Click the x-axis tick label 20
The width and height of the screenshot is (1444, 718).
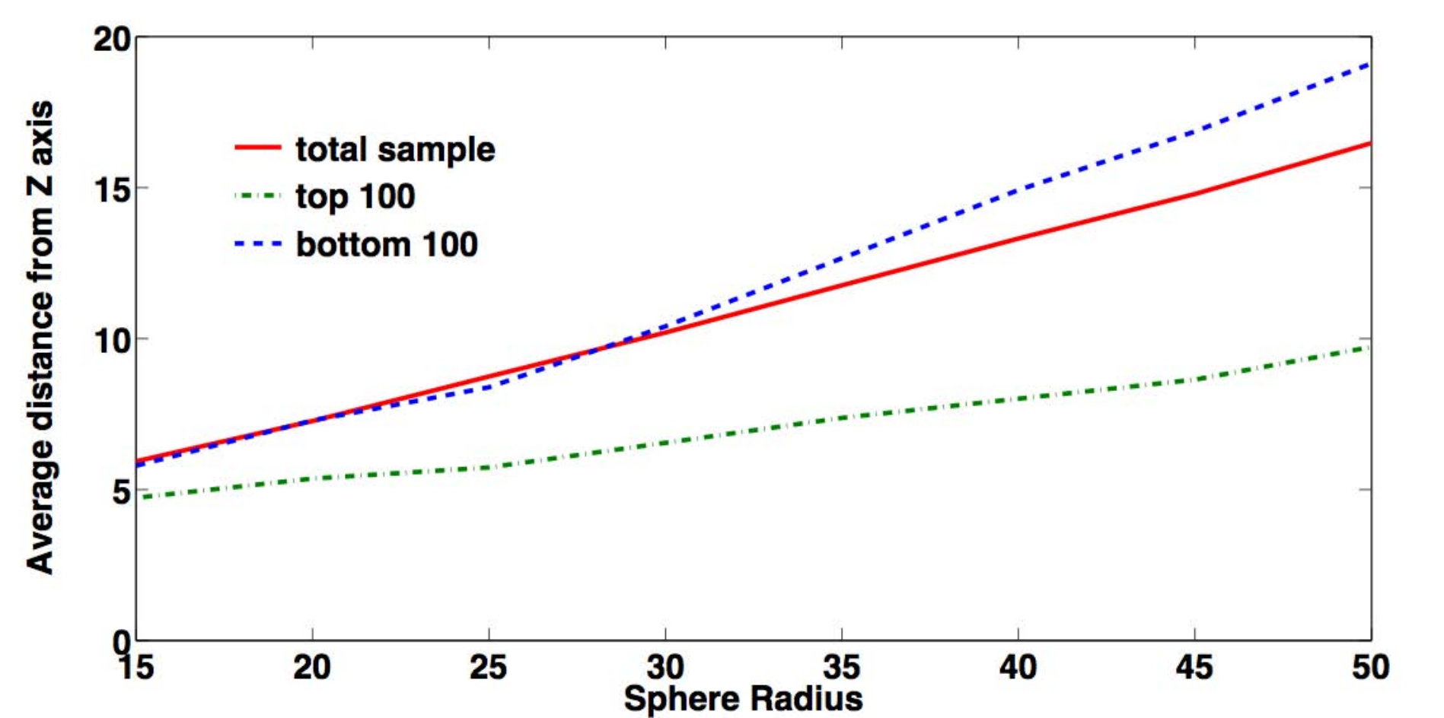pyautogui.click(x=312, y=667)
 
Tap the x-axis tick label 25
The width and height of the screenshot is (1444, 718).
pyautogui.click(x=488, y=667)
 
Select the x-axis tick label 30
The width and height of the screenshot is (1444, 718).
pyautogui.click(x=665, y=667)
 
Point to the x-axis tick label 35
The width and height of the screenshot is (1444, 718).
pyautogui.click(x=842, y=667)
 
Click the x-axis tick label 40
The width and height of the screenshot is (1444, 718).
pyautogui.click(x=1018, y=667)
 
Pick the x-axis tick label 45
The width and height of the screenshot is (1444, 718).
pyautogui.click(x=1194, y=667)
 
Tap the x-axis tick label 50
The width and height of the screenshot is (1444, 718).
pyautogui.click(x=1371, y=667)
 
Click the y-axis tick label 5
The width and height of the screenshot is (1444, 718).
pyautogui.click(x=122, y=491)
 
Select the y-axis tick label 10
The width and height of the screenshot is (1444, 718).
pyautogui.click(x=113, y=340)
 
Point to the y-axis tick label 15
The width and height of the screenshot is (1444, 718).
pyautogui.click(x=113, y=189)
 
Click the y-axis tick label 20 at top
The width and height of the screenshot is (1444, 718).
pyautogui.click(x=113, y=39)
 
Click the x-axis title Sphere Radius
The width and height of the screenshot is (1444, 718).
pyautogui.click(x=743, y=698)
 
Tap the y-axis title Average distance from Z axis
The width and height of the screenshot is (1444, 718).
pyautogui.click(x=40, y=337)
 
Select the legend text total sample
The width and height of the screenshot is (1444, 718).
pyautogui.click(x=395, y=149)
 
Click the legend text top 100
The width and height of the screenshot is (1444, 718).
pyautogui.click(x=355, y=196)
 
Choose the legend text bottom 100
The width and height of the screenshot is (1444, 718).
pyautogui.click(x=387, y=244)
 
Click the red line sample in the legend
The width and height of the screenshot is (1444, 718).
pyautogui.click(x=258, y=148)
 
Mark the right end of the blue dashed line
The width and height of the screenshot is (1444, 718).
pyautogui.click(x=1370, y=64)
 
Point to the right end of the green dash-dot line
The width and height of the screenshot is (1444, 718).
pyautogui.click(x=1370, y=347)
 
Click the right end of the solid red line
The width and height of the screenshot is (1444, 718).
pyautogui.click(x=1370, y=143)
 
